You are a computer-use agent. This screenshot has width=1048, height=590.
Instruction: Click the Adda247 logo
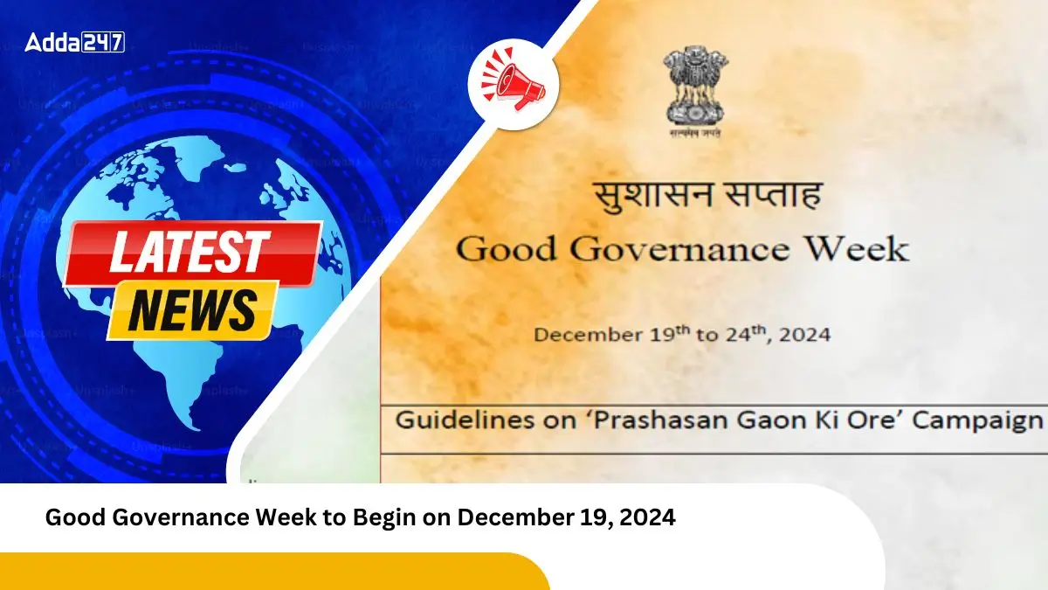pyautogui.click(x=75, y=40)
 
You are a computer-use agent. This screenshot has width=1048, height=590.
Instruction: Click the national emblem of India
pyautogui.click(x=694, y=92)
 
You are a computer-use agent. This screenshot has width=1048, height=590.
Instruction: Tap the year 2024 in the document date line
pyautogui.click(x=804, y=333)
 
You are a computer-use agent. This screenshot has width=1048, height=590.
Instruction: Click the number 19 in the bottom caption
pyautogui.click(x=596, y=517)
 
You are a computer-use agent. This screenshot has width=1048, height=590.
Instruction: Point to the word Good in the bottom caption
pyautogui.click(x=72, y=517)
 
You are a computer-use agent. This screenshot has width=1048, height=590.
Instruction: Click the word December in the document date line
pyautogui.click(x=577, y=334)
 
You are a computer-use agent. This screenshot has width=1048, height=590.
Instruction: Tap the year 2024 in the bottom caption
pyautogui.click(x=647, y=517)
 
